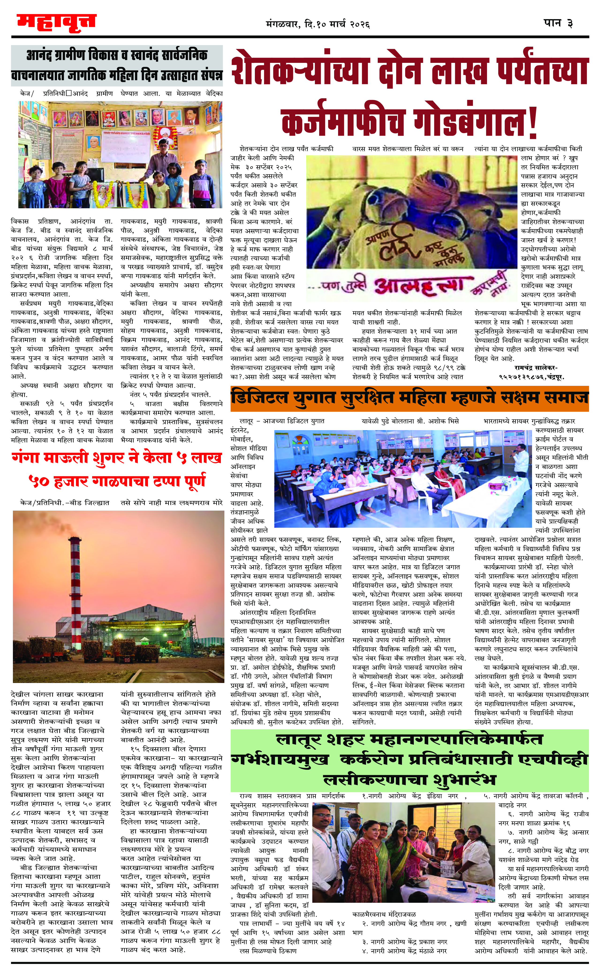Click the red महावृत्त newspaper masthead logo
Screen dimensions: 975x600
click(x=56, y=22)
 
